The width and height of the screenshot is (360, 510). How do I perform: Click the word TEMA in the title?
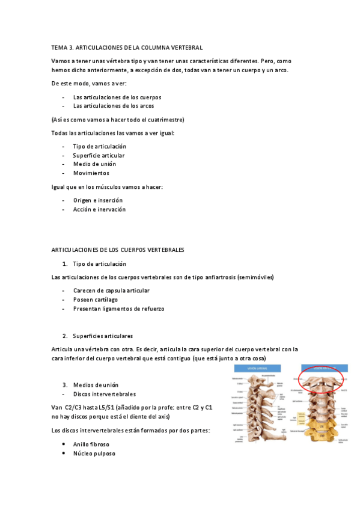click(60, 47)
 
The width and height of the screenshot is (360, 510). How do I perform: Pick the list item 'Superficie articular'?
click(99, 155)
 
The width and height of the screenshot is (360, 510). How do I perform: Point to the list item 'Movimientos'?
click(91, 173)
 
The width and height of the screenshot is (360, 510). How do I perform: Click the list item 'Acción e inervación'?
click(99, 209)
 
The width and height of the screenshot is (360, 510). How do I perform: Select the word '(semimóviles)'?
click(255, 277)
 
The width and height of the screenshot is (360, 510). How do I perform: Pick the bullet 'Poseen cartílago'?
click(95, 300)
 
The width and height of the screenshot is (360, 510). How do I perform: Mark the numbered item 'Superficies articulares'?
click(103, 335)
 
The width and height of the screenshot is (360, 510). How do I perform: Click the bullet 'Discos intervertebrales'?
click(104, 394)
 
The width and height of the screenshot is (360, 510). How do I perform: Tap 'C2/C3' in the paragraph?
click(73, 408)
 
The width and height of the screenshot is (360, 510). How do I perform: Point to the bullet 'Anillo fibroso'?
click(91, 444)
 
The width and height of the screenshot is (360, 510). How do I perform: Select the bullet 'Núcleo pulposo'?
click(94, 453)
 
